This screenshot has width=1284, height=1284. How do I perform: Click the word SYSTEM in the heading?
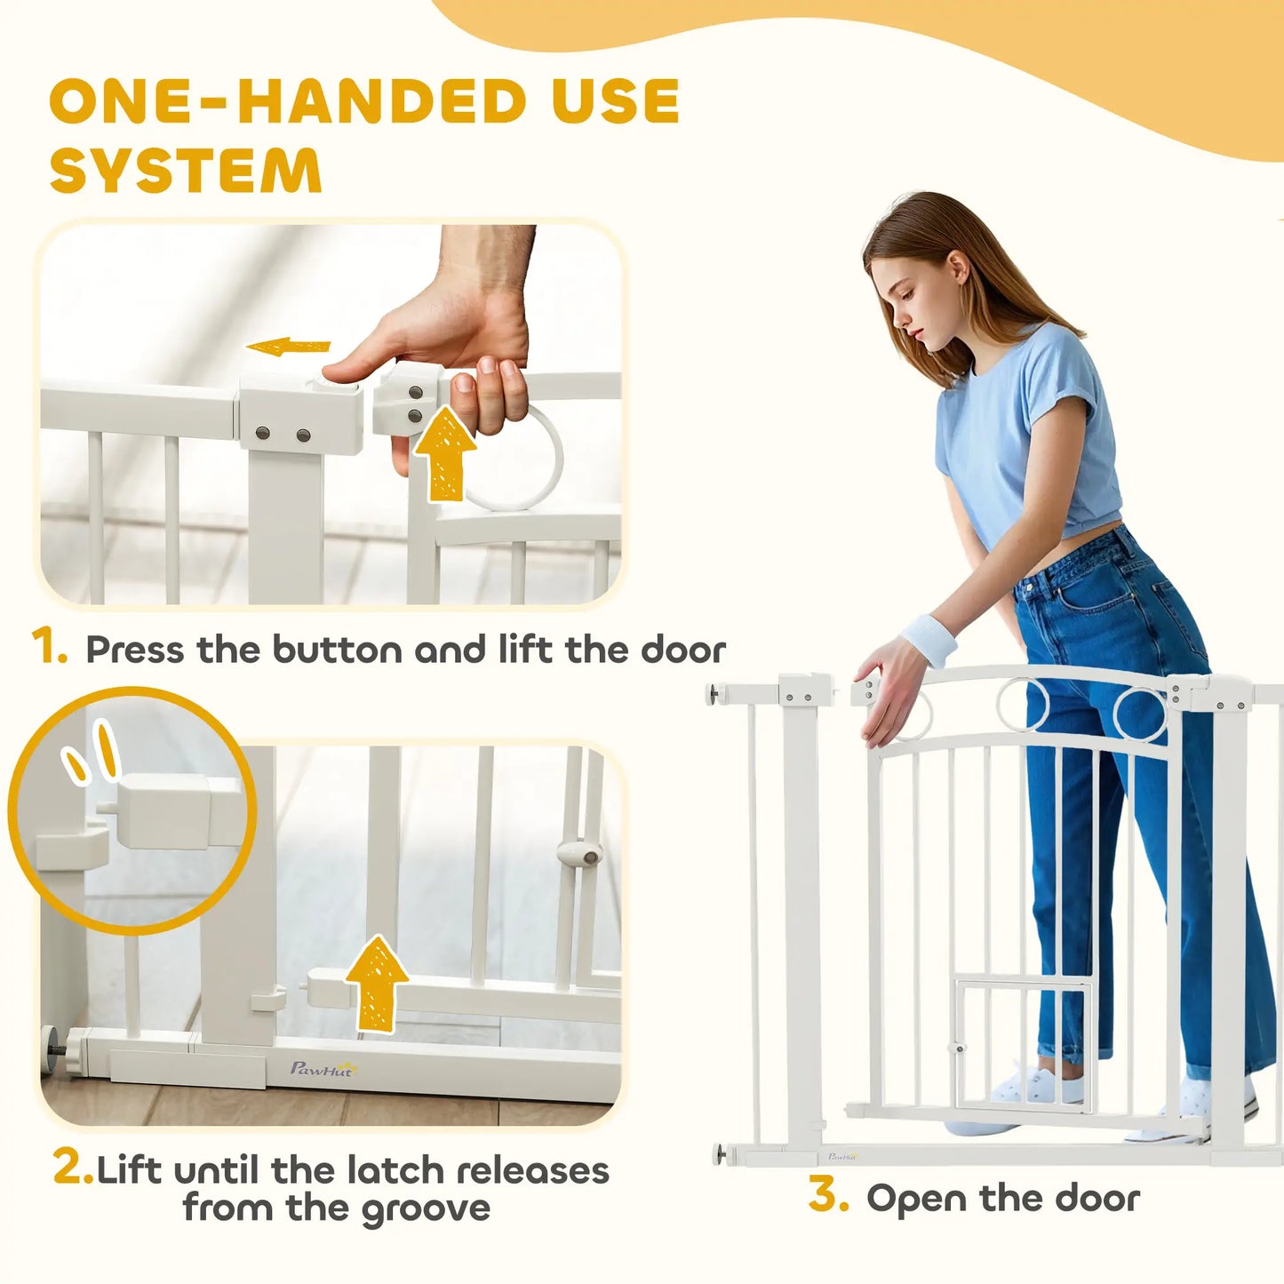point(186,171)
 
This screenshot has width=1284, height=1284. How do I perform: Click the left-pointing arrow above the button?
point(288,347)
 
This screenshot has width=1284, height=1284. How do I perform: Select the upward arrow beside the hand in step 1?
point(444,452)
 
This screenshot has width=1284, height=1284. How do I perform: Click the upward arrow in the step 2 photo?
point(377,983)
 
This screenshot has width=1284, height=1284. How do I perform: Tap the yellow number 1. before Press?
point(49,646)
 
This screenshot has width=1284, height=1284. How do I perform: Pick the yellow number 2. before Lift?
point(72,1167)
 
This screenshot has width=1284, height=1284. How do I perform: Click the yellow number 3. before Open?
point(827,1195)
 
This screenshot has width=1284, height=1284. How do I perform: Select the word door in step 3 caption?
point(1097,1199)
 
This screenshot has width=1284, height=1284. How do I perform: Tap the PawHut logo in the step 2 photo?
point(322,1069)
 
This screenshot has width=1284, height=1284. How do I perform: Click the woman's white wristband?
point(929,640)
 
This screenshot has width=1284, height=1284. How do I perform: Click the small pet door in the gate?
point(1023,1045)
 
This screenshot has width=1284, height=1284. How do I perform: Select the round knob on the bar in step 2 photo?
point(579,854)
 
